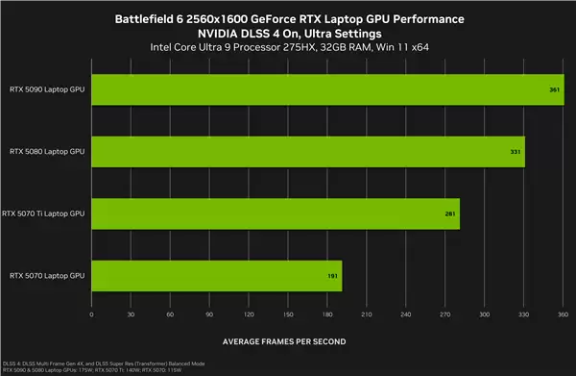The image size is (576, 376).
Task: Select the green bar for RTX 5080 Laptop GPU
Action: [x=307, y=152]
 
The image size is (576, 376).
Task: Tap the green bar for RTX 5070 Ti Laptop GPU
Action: [x=275, y=213]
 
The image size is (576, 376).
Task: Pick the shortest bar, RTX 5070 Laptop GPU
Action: [x=216, y=276]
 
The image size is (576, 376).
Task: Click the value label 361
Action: [x=555, y=89]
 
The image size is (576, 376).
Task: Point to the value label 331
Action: [x=516, y=152]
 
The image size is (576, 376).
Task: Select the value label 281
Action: [x=450, y=213]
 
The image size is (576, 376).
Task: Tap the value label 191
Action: [x=332, y=276]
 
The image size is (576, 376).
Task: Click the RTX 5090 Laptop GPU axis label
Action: [x=47, y=89]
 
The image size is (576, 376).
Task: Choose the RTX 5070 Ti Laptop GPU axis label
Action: [x=44, y=213]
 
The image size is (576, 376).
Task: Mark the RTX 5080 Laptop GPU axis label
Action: [x=47, y=152]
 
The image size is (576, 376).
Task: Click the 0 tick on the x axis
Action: [x=91, y=314]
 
